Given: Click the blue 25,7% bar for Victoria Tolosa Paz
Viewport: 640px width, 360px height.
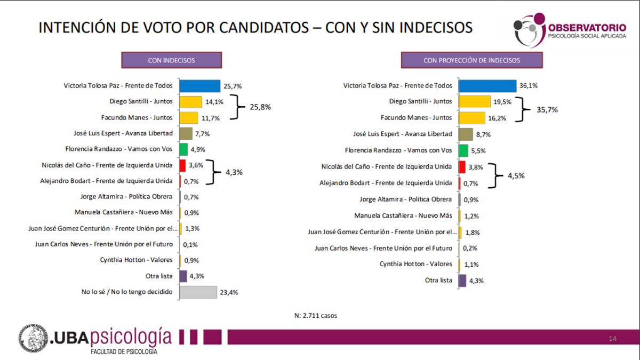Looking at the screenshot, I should [x=199, y=86].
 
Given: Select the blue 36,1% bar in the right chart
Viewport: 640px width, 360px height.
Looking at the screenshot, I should [x=487, y=86].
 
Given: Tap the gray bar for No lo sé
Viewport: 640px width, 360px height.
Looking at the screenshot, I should [x=198, y=292].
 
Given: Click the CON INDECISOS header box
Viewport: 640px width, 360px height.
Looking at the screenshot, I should [x=171, y=60].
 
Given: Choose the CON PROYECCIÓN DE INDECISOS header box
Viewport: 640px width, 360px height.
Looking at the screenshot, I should [x=471, y=60].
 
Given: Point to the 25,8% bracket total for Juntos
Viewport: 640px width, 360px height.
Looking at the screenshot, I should [x=260, y=107].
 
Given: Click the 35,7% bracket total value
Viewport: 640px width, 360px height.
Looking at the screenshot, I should [x=547, y=110].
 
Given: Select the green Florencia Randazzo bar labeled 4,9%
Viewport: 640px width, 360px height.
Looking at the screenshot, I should [x=183, y=149].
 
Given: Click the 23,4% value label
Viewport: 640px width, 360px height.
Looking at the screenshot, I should [x=230, y=292].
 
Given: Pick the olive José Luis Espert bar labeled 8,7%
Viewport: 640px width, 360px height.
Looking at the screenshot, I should [x=466, y=134].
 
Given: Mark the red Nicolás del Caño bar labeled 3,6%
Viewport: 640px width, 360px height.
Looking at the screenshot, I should [x=182, y=165].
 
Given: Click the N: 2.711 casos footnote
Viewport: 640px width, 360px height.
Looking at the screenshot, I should [x=316, y=315].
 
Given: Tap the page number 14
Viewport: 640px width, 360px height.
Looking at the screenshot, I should [x=613, y=339].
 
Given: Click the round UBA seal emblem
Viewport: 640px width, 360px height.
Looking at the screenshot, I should [x=34, y=338].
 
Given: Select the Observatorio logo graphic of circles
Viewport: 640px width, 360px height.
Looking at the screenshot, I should [x=529, y=29].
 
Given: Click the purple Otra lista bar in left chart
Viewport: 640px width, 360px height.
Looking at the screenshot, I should [x=183, y=276].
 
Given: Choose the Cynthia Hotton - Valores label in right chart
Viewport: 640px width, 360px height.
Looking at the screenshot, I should [x=415, y=264].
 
